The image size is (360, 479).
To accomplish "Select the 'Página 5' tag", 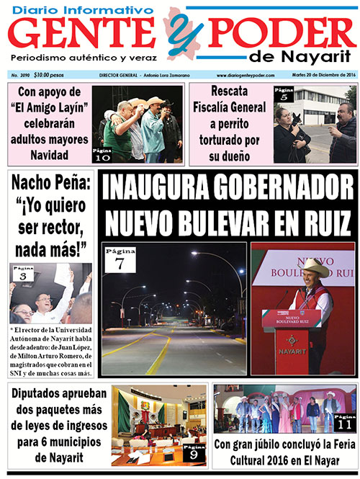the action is pos(284,94).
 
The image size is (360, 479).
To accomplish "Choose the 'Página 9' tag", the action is pos(194,453).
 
